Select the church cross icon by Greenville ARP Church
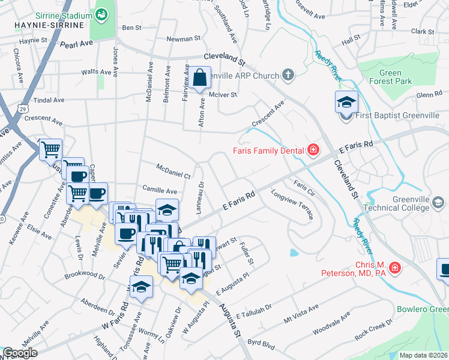coord(288,76)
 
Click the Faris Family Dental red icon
coord(313,150)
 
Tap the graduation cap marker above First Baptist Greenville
coord(346,102)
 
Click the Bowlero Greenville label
coord(422,310)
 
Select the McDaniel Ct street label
coord(173,171)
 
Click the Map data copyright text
coord(423,355)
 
